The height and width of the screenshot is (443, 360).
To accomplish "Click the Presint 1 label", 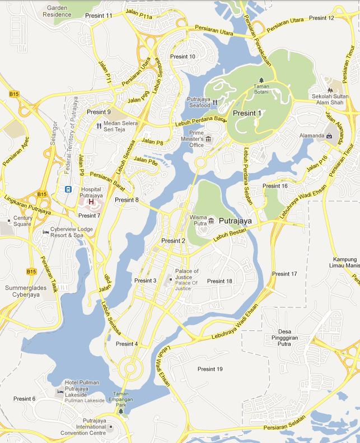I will (x=247, y=113).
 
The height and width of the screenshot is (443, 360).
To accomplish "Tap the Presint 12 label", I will (x=321, y=18).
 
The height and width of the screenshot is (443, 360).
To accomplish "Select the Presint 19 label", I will (x=210, y=369).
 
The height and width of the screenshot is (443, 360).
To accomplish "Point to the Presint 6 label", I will (x=24, y=399).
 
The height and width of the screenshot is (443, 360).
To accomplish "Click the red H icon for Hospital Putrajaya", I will (x=90, y=202).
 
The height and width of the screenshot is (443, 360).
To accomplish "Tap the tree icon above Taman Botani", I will (x=261, y=80).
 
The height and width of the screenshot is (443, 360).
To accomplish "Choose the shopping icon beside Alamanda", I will (x=329, y=136).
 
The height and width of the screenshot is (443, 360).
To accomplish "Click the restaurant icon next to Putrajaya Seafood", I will (x=214, y=103).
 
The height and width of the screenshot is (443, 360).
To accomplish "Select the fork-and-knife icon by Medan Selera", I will (x=98, y=125).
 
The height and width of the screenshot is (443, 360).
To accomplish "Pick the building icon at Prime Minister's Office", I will (x=209, y=138).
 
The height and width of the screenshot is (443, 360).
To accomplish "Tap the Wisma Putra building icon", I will (x=211, y=221).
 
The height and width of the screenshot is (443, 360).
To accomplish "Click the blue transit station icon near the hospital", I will (x=68, y=189).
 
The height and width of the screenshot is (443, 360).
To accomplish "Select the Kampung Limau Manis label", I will (x=344, y=262).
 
